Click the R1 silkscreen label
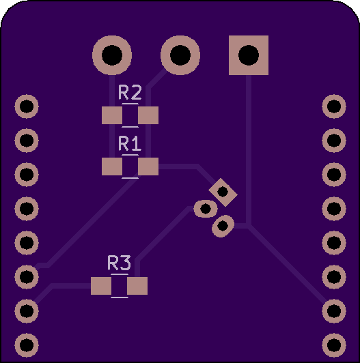coord(130,143)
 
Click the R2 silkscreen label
coord(130,92)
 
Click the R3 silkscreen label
coord(119,263)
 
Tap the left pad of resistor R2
coord(112,115)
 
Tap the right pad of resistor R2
coord(148,115)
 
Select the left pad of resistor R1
coord(112,166)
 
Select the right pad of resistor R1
coord(148,166)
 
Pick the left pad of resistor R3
coord(101,286)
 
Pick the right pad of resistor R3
coord(137,286)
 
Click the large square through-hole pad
coord(249,55)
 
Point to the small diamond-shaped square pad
coord(223,192)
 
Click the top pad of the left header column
coord(27,106)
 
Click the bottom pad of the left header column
coord(27,345)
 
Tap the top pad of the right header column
coord(334,106)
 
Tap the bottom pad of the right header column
coord(334,345)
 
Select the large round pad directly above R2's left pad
coord(112,55)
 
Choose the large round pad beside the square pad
coord(180,55)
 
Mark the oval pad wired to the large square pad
coord(223,226)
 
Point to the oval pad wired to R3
coord(206,209)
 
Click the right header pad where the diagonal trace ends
coord(334,311)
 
